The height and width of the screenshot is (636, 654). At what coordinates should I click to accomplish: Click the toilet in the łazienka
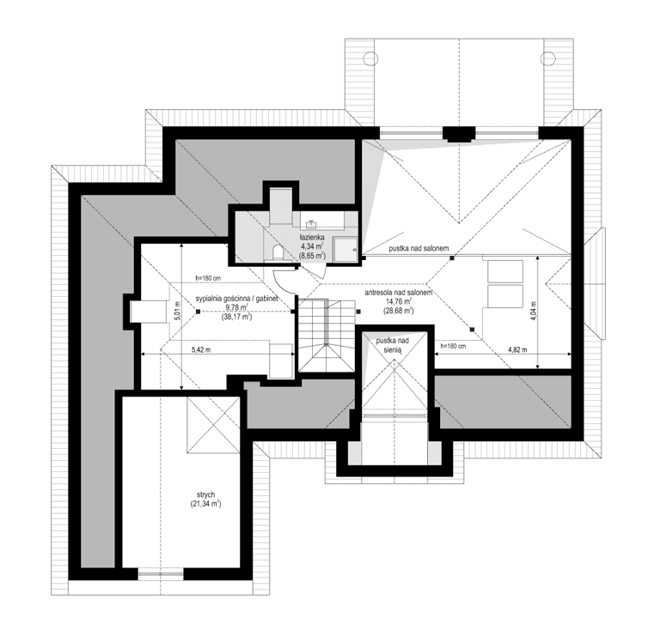pos(277,251)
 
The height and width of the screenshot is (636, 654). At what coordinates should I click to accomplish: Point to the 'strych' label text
pos(205,495)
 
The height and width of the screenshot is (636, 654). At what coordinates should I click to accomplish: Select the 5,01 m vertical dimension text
pos(177,314)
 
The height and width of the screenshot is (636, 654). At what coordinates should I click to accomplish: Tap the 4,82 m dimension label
pos(517,350)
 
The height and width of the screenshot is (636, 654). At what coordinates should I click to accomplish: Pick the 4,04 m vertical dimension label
pos(533,310)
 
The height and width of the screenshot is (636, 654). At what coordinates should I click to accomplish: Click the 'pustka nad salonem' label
pos(419,249)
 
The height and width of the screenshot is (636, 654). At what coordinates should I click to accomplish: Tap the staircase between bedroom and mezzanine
pos(327,335)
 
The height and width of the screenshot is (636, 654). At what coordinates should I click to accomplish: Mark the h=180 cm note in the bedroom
pos(207,278)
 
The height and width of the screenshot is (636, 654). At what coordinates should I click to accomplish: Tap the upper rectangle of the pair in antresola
pos(501,271)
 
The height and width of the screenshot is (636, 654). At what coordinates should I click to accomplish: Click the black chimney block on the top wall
pos(459,134)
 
